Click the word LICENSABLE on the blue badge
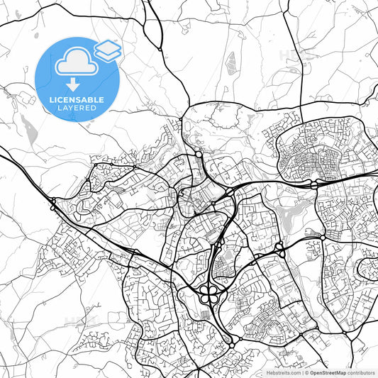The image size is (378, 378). (76, 100)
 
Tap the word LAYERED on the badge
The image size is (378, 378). (76, 109)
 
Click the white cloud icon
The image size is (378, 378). (75, 61)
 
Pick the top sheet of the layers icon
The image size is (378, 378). (107, 46)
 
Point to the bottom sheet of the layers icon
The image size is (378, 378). (107, 54)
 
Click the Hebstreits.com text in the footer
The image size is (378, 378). (282, 372)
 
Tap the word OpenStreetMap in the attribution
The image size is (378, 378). (327, 372)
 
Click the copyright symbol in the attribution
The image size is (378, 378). (304, 372)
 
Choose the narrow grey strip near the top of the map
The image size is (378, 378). (230, 63)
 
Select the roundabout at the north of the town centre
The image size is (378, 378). (198, 154)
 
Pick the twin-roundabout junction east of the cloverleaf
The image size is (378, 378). (279, 248)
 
